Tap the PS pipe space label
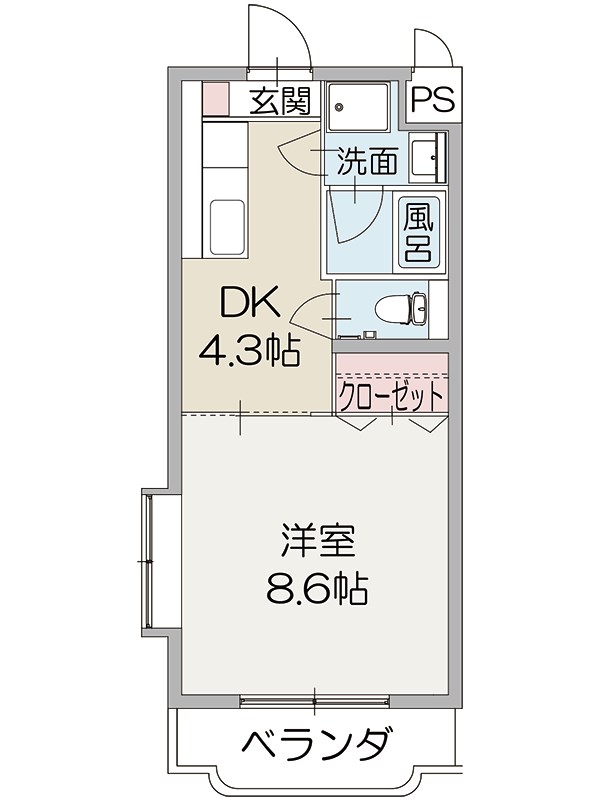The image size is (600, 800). point(432,100)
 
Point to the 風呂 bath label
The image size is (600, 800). point(417,233)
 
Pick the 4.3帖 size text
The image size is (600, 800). point(250,349)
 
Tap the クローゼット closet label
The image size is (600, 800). point(392,396)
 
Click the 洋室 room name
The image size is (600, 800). point(316,542)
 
